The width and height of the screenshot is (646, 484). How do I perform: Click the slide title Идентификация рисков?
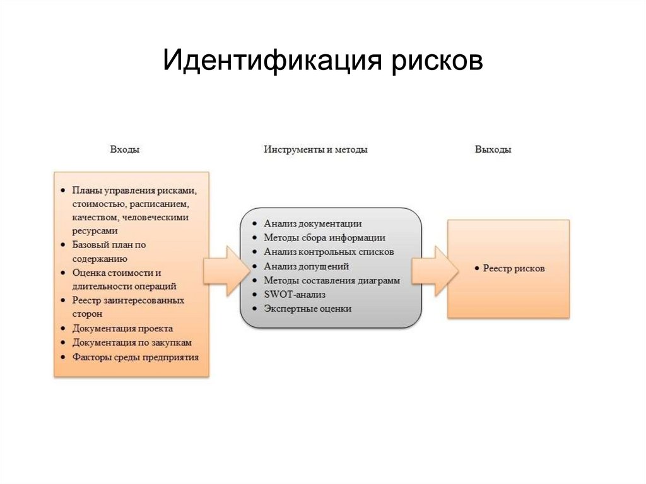tap(323, 62)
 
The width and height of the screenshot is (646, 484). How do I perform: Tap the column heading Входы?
tap(125, 150)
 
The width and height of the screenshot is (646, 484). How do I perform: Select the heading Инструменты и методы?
tap(315, 150)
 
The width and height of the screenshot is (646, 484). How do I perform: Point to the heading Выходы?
tap(493, 150)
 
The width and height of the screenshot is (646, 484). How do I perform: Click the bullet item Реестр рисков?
tap(514, 269)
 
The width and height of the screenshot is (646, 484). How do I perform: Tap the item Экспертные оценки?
tap(307, 309)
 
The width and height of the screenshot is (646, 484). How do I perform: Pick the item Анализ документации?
tap(312, 223)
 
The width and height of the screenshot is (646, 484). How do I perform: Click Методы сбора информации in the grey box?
tap(324, 238)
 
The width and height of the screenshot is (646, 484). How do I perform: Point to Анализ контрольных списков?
tap(329, 252)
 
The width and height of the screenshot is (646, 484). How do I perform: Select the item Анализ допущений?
tap(306, 266)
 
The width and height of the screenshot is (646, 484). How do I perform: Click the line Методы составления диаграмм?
tap(332, 281)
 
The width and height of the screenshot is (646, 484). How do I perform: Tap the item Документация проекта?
tap(122, 329)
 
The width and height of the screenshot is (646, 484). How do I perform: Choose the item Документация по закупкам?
tap(132, 343)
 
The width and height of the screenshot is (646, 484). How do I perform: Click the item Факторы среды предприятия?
tap(135, 357)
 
